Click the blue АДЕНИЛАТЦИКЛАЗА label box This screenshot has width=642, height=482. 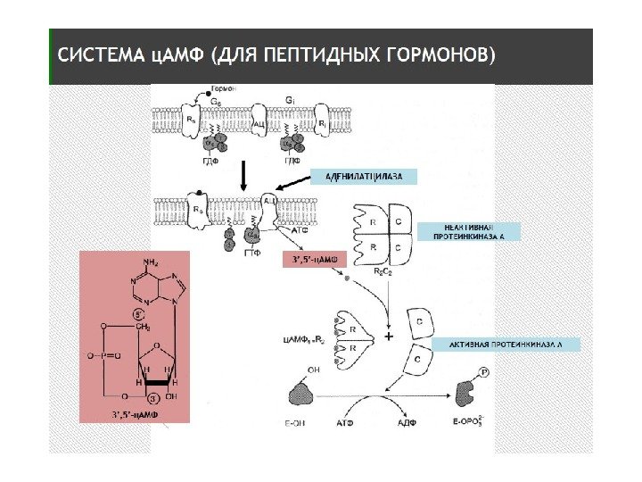[363, 177]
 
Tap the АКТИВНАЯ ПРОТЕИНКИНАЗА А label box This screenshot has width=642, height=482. [506, 344]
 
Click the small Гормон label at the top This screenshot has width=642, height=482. [223, 91]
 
